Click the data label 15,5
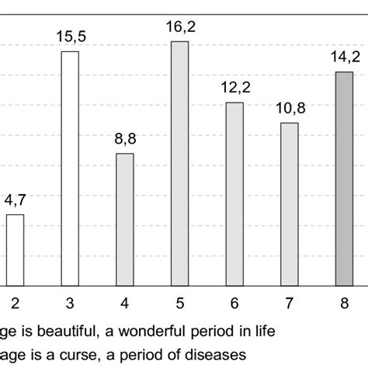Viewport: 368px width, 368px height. (70, 36)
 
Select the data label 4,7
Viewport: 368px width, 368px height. (15, 200)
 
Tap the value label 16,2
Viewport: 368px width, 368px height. (179, 26)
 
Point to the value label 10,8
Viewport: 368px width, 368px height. (290, 108)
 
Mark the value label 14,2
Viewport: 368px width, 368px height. (344, 57)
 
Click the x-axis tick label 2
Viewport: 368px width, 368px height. (15, 302)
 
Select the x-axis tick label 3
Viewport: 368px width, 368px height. (70, 302)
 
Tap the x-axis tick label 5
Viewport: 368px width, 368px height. (179, 302)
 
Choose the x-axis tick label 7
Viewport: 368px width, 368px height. (290, 302)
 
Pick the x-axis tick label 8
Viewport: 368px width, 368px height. (344, 302)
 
